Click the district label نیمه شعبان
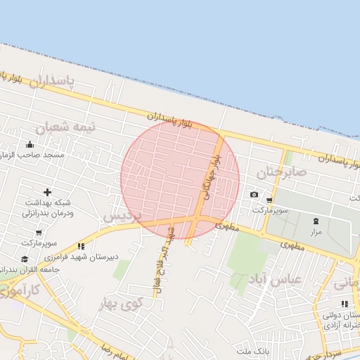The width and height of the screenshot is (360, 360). (60, 127)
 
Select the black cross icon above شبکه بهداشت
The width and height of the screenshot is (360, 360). (47, 192)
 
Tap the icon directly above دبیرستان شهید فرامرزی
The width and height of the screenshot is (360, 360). (82, 247)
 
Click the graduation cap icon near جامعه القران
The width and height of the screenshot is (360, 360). (6, 270)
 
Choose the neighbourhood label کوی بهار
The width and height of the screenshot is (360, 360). (121, 304)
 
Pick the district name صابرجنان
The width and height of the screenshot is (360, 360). (281, 172)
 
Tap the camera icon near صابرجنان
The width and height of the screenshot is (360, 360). (254, 195)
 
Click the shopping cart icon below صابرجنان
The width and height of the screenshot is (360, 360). (269, 200)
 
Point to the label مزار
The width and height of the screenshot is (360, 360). (314, 231)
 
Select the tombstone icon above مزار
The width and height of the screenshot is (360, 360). (314, 221)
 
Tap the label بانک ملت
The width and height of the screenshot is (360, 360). (253, 350)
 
